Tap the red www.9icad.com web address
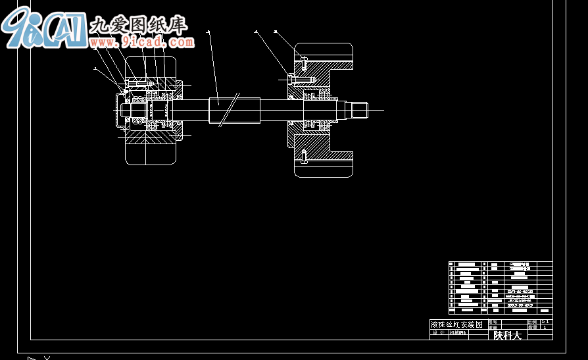[x=158, y=43]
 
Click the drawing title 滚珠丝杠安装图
[x=456, y=324]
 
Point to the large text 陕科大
[x=507, y=335]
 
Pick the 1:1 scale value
[x=545, y=322]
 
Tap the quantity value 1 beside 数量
[x=545, y=327]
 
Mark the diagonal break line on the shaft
[x=228, y=110]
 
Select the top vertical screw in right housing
[x=303, y=64]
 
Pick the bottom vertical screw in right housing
[x=303, y=156]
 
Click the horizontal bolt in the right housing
[x=303, y=79]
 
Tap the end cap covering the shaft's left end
[x=118, y=110]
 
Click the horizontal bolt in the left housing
[x=138, y=84]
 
